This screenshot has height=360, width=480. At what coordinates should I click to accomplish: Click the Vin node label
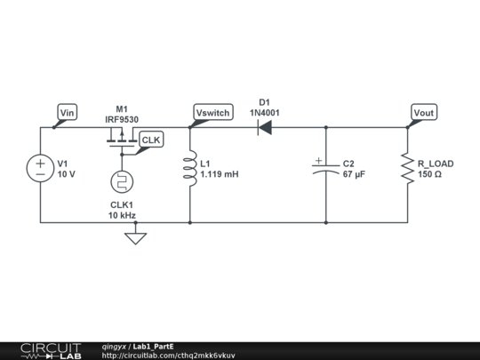click(68, 112)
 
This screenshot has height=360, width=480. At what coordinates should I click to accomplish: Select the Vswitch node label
click(212, 112)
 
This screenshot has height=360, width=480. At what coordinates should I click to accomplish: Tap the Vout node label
click(424, 112)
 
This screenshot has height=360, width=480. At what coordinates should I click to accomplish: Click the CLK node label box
click(151, 140)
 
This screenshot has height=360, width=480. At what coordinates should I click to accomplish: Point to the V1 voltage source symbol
click(41, 169)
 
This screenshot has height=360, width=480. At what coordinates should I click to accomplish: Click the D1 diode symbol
click(264, 127)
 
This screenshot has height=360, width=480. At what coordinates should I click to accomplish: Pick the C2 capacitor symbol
click(325, 169)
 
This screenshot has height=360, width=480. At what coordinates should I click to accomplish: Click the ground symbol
click(135, 237)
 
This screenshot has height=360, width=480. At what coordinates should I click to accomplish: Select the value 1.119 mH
click(219, 175)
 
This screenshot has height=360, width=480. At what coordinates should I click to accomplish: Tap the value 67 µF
click(355, 175)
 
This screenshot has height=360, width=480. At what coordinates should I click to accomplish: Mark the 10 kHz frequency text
click(122, 216)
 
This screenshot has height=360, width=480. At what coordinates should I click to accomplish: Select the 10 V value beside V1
click(67, 175)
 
